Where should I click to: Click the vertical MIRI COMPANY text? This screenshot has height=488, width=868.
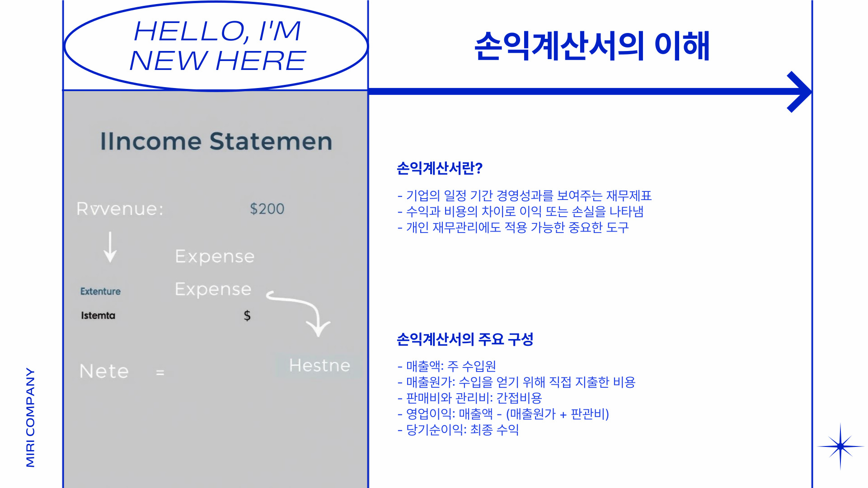30,417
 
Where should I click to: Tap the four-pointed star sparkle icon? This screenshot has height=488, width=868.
840,446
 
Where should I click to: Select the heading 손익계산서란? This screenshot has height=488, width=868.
439,168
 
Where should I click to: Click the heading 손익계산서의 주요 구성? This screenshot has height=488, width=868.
464,339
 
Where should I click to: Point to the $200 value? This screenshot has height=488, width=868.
267,209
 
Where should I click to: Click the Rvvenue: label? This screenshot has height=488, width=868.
120,209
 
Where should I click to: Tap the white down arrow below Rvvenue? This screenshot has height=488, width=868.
110,247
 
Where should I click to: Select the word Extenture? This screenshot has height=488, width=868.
100,292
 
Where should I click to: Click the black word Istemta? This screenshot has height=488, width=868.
98,316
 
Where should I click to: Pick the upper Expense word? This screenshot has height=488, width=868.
215,256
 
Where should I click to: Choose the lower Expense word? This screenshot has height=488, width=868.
213,289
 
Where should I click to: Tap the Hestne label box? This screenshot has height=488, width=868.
319,366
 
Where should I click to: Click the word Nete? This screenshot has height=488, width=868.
104,372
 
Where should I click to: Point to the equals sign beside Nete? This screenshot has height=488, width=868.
160,373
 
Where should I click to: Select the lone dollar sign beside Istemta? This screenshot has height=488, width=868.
247,316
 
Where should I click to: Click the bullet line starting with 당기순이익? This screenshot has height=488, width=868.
458,430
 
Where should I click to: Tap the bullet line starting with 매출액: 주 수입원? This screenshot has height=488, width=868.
446,366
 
